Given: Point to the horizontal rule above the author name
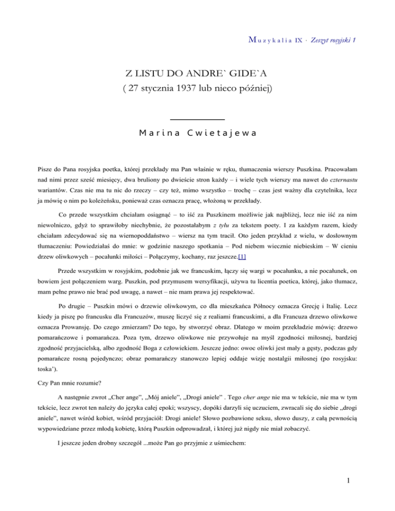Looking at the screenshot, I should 197,120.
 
